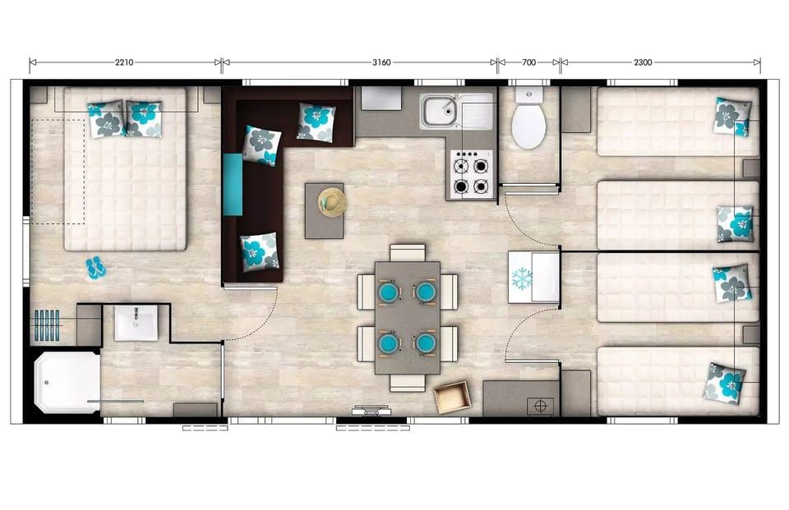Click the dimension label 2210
[x=124, y=62]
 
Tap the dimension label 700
[x=528, y=62]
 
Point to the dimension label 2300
[x=644, y=62]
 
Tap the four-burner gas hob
[x=472, y=174]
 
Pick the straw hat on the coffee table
[x=333, y=201]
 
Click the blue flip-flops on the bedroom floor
[x=95, y=267]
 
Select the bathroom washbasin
[x=136, y=322]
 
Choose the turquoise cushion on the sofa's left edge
[x=233, y=185]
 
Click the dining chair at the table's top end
[x=407, y=252]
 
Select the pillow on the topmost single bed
[x=731, y=117]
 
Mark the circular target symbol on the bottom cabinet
[x=540, y=405]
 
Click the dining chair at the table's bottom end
[x=407, y=382]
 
